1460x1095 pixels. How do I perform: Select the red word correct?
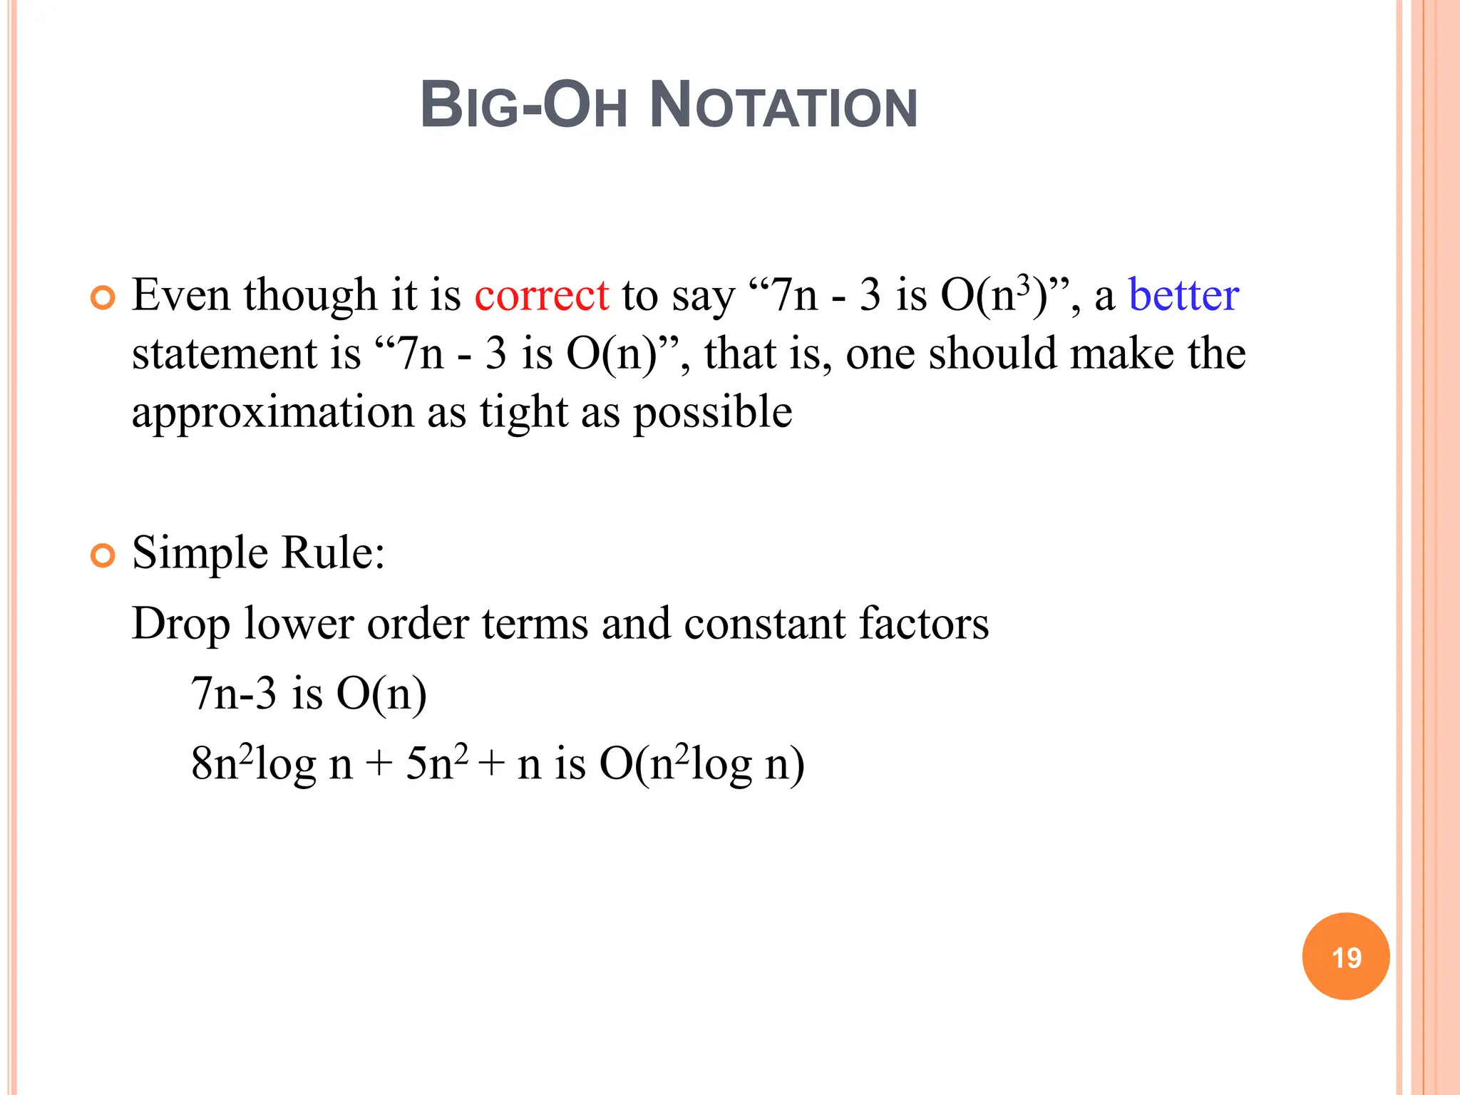(x=541, y=295)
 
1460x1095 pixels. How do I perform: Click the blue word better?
(x=1183, y=295)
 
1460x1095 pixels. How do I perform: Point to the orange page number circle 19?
(x=1345, y=956)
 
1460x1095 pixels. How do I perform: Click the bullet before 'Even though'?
(x=103, y=297)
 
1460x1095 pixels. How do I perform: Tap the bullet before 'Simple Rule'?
(x=103, y=555)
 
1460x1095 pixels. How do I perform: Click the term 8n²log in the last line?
(x=253, y=764)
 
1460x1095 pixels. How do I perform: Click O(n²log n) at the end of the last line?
(x=702, y=764)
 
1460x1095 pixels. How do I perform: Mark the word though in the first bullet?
(x=310, y=297)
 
